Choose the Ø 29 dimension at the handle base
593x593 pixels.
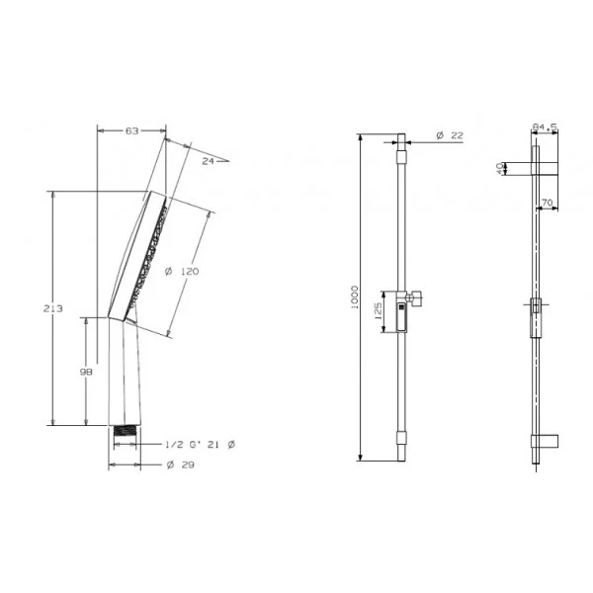[179, 465]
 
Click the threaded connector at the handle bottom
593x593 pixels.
[126, 431]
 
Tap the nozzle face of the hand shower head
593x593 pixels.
[153, 252]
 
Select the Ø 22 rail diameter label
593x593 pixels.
[449, 136]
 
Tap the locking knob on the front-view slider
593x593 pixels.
[417, 296]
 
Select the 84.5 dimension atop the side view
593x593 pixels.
[545, 127]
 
